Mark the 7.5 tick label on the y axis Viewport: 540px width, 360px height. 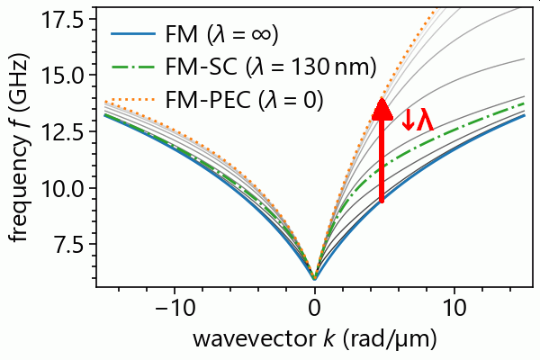[67, 246]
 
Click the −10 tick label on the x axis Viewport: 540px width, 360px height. [168, 308]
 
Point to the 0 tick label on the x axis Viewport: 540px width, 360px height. [314, 308]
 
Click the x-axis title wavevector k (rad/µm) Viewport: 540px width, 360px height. [313, 339]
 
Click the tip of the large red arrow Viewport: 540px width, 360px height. [382, 101]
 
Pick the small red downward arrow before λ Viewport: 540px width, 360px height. [408, 120]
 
